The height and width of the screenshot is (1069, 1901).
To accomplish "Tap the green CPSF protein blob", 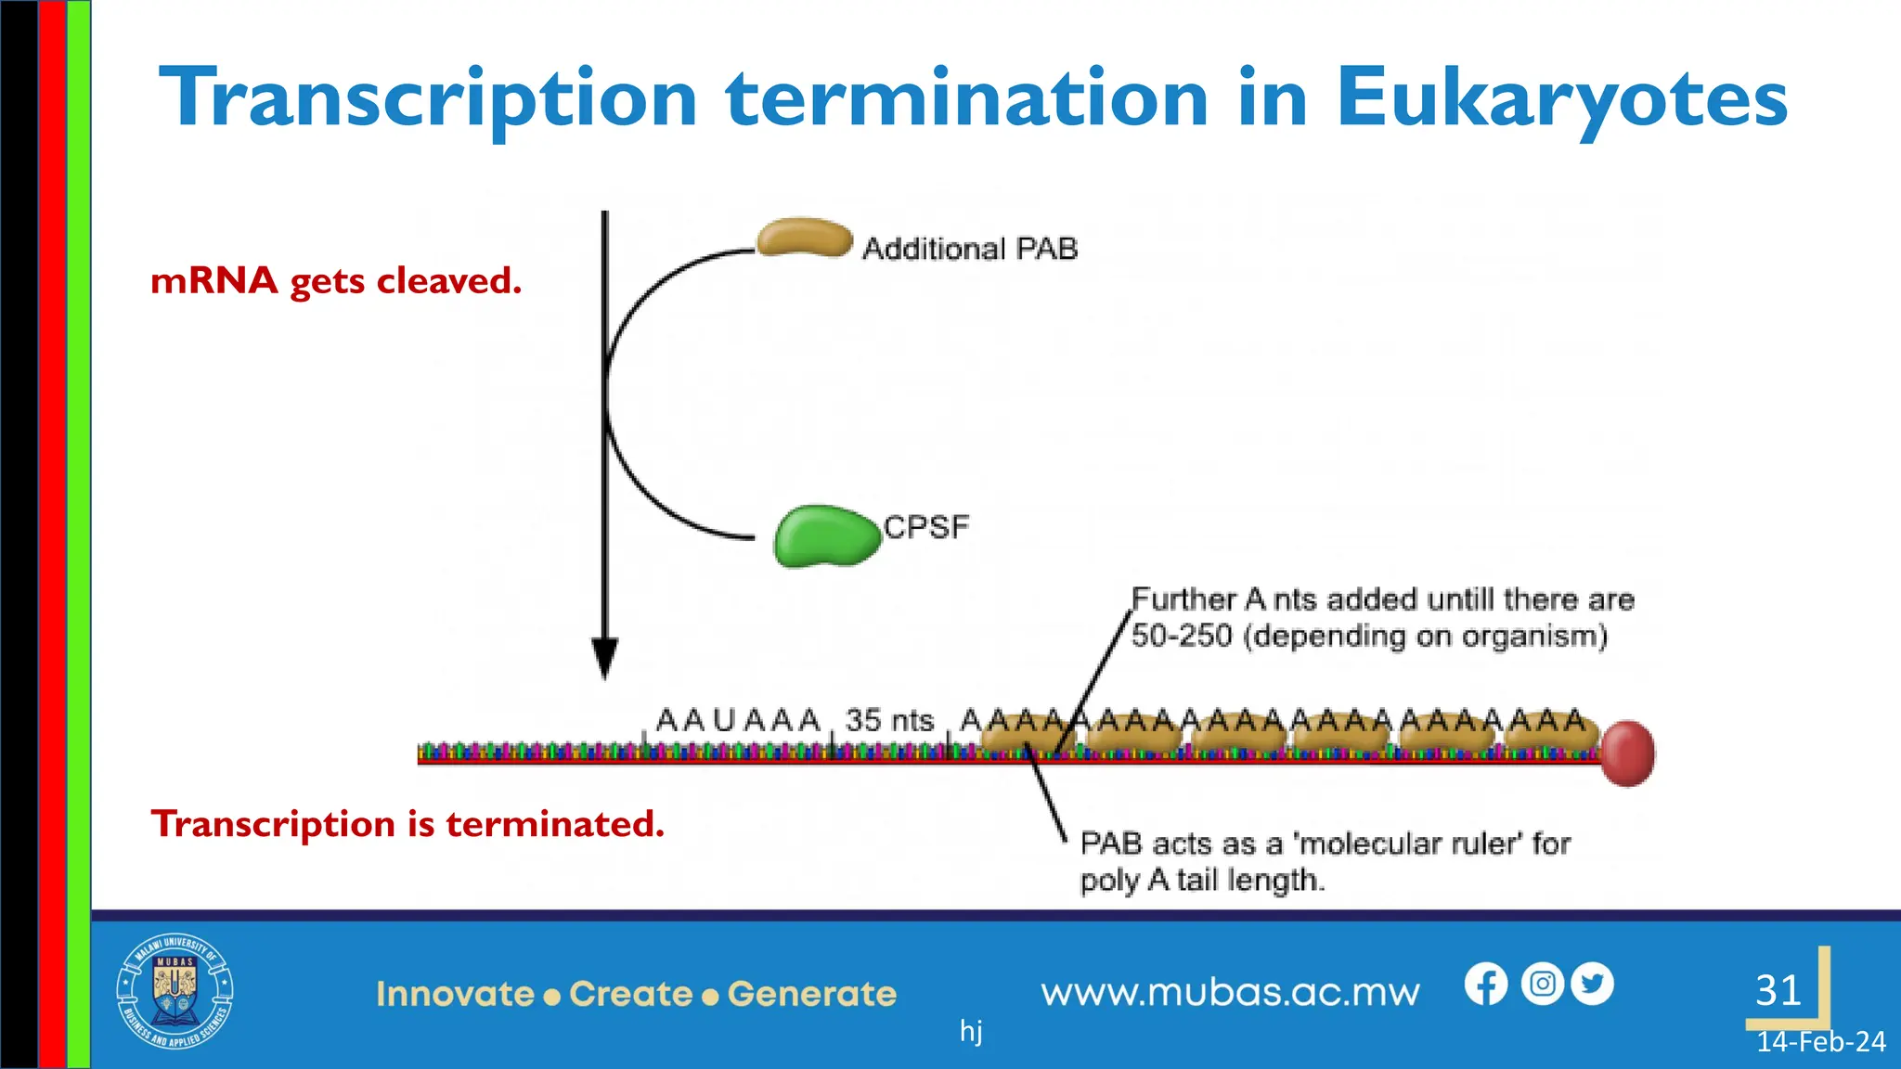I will tap(825, 536).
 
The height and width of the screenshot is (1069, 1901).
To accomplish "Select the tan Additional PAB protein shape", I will tap(804, 238).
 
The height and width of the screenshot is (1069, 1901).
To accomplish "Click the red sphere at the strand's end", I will tap(1628, 753).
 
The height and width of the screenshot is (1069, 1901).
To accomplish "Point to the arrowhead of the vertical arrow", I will tap(605, 658).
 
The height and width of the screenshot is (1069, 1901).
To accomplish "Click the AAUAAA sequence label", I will tap(738, 720).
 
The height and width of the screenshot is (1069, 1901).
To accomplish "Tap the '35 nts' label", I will tap(888, 720).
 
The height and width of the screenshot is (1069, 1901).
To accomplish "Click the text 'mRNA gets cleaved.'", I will tap(336, 280).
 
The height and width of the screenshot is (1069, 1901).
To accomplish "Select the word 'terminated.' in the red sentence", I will tap(555, 824).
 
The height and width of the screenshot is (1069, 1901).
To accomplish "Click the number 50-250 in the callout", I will tap(1181, 637).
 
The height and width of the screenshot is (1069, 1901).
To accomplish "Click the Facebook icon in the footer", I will tap(1485, 985).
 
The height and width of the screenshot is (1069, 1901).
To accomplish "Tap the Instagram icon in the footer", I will tap(1542, 984).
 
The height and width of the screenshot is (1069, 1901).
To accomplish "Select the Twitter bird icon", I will tap(1593, 984).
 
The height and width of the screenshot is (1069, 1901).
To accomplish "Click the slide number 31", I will tap(1778, 990).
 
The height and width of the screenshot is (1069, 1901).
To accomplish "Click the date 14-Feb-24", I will tap(1820, 1042).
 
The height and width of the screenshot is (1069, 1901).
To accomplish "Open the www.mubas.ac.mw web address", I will tap(1230, 993).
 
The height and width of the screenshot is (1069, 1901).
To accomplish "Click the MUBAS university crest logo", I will tap(175, 991).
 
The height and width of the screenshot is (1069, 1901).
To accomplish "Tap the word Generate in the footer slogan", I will tap(812, 994).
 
